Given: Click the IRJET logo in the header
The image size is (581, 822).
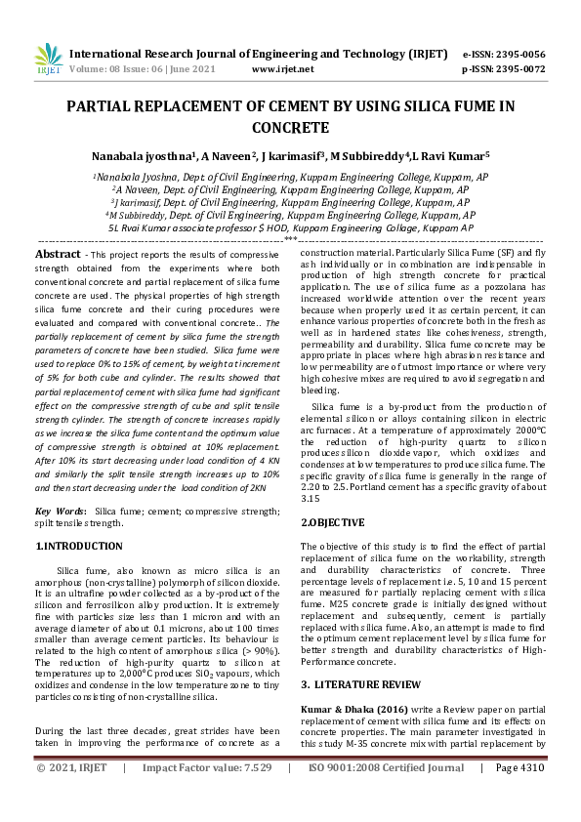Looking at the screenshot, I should click(x=47, y=60).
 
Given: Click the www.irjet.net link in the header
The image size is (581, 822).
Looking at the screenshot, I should click(x=283, y=69).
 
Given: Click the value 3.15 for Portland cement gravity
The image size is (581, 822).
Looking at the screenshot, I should click(x=311, y=495).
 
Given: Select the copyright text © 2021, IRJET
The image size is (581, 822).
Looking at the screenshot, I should click(x=73, y=796).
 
